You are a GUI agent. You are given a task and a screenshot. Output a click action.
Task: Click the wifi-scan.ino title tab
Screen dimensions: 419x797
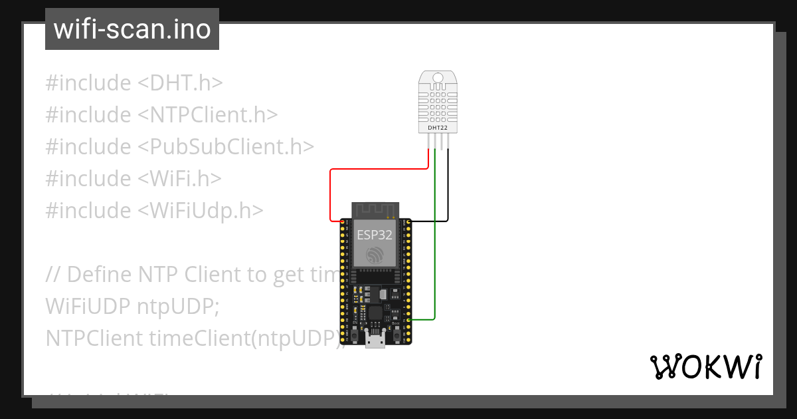tap(132, 29)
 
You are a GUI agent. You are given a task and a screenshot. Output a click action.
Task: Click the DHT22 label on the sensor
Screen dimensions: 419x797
tap(437, 128)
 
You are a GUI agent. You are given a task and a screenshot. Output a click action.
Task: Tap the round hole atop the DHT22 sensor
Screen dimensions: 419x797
tap(437, 78)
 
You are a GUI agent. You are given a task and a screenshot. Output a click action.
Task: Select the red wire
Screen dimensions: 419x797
tap(331, 193)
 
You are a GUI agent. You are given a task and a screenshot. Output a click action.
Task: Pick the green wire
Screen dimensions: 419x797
tap(434, 266)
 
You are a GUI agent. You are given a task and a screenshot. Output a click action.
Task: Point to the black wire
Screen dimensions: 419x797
tap(448, 193)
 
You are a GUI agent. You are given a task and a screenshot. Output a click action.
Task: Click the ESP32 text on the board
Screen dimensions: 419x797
tap(375, 235)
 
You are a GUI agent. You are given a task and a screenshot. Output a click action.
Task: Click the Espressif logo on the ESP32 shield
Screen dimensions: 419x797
tap(375, 253)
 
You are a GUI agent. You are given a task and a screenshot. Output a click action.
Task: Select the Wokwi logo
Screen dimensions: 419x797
tap(705, 366)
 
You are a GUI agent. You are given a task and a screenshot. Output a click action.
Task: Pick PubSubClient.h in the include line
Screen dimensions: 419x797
tap(226, 147)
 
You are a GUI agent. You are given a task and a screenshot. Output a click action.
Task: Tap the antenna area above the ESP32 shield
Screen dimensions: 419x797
tap(375, 209)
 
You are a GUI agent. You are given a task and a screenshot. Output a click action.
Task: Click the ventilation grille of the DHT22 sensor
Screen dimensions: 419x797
tap(437, 103)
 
